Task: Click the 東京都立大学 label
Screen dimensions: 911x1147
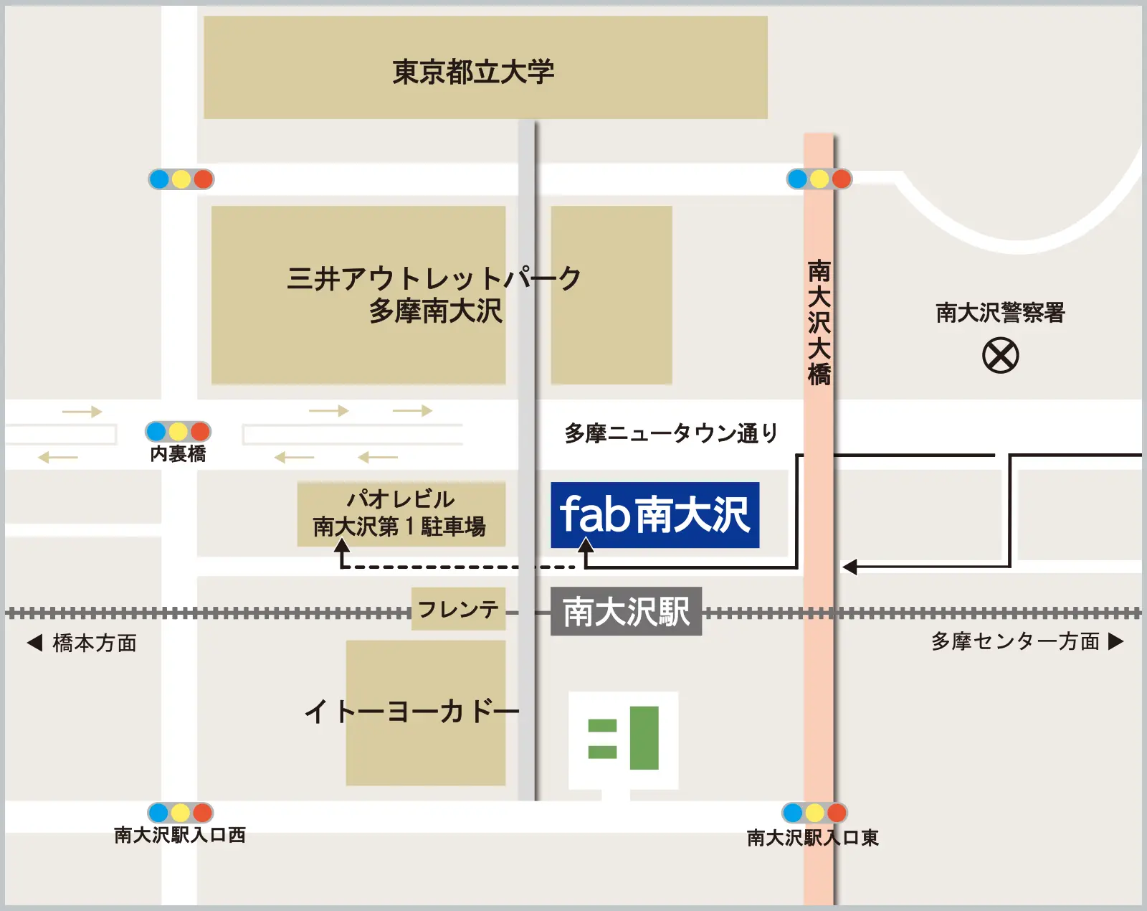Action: [x=473, y=72]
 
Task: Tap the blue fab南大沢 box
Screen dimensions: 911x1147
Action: [x=655, y=514]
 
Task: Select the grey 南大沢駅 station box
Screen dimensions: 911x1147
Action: [x=626, y=611]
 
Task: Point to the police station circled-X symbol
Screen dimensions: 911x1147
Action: [x=1000, y=356]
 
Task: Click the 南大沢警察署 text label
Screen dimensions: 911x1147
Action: [x=1000, y=313]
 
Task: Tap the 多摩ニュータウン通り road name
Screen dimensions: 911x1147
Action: [x=671, y=433]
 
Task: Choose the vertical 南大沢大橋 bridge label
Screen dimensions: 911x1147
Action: [x=819, y=323]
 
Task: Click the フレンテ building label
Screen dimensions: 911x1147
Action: [x=458, y=609]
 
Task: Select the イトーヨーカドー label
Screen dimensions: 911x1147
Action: [x=411, y=712]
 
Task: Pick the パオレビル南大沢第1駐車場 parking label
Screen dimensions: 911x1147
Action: [x=400, y=513]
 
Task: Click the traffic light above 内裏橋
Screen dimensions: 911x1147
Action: [x=178, y=431]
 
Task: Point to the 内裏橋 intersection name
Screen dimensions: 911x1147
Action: [x=178, y=454]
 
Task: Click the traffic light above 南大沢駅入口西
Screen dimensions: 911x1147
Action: [x=180, y=813]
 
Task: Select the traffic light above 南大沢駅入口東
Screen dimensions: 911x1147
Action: [x=814, y=813]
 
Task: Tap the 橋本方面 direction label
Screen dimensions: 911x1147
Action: [x=95, y=643]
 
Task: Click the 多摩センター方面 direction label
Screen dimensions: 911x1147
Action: [x=1015, y=641]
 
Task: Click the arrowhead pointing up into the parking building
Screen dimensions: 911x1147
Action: [x=343, y=546]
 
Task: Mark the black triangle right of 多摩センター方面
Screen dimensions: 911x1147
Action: [x=1115, y=641]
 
